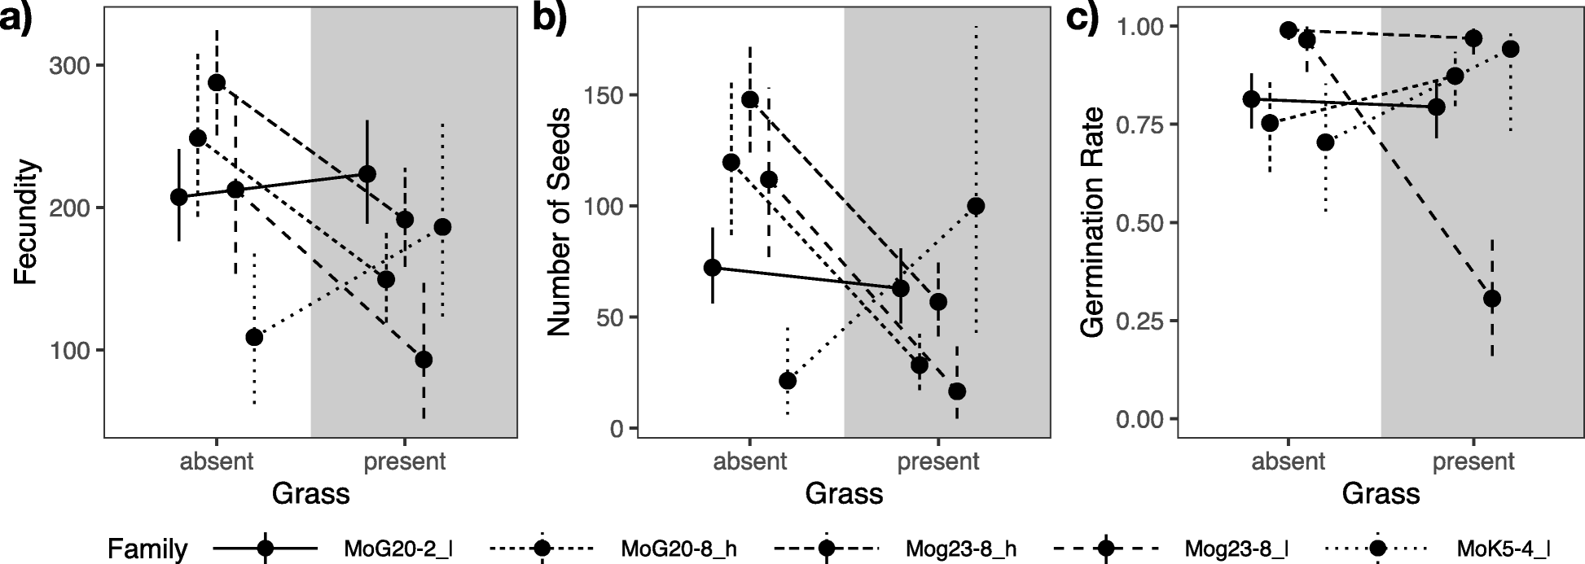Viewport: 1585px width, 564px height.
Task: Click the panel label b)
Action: click(549, 18)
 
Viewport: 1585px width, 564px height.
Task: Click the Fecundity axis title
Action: click(26, 223)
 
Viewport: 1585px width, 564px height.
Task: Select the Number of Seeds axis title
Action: click(559, 221)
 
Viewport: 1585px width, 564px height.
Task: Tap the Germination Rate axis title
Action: click(1091, 221)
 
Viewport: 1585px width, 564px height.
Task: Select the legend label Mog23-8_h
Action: click(950, 548)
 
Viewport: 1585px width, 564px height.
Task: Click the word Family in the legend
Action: click(147, 549)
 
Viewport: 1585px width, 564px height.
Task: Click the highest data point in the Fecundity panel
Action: click(217, 83)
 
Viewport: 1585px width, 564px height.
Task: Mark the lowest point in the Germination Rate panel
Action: click(1492, 299)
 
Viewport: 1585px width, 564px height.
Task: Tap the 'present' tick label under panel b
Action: click(938, 462)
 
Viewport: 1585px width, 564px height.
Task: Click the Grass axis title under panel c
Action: click(1381, 493)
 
